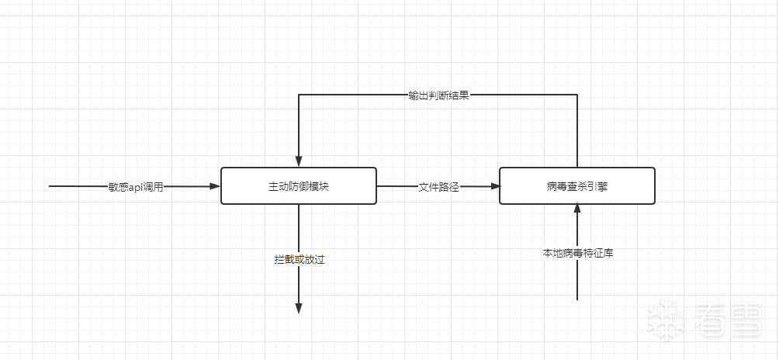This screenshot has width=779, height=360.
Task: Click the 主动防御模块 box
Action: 299,186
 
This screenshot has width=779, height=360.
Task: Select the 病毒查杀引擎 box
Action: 576,186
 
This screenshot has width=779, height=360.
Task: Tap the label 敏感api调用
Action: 136,187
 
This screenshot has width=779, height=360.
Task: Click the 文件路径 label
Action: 439,187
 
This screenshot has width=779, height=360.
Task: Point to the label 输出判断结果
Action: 438,95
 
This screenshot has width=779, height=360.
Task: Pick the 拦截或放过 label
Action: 299,259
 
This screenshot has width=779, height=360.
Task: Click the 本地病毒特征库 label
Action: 577,253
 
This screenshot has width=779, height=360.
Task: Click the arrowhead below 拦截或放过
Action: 299,308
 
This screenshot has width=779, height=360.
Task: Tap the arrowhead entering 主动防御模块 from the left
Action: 215,186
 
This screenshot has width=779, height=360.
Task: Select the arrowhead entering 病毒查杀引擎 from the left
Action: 493,186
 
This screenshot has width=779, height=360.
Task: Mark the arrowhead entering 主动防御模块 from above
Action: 299,161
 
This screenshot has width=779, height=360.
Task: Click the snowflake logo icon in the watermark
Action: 664,320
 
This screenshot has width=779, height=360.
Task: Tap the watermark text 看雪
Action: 729,320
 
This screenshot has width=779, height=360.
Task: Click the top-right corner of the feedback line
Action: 577,95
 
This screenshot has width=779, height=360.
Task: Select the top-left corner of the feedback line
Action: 299,95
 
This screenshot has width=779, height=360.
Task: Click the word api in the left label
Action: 137,187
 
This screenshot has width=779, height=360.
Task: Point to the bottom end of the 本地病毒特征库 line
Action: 577,299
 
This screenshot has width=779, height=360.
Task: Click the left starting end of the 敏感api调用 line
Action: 50,186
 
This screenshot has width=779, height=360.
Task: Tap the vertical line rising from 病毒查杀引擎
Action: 577,132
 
